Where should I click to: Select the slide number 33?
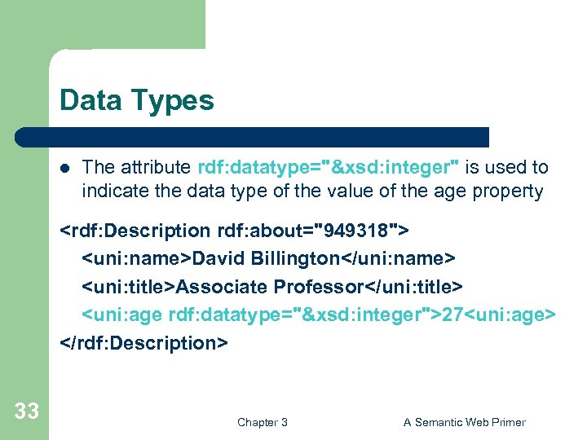click(x=26, y=411)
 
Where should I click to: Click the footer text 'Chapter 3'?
click(x=262, y=422)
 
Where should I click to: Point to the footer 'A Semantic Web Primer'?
click(x=464, y=422)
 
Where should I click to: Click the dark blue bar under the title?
click(x=269, y=137)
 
